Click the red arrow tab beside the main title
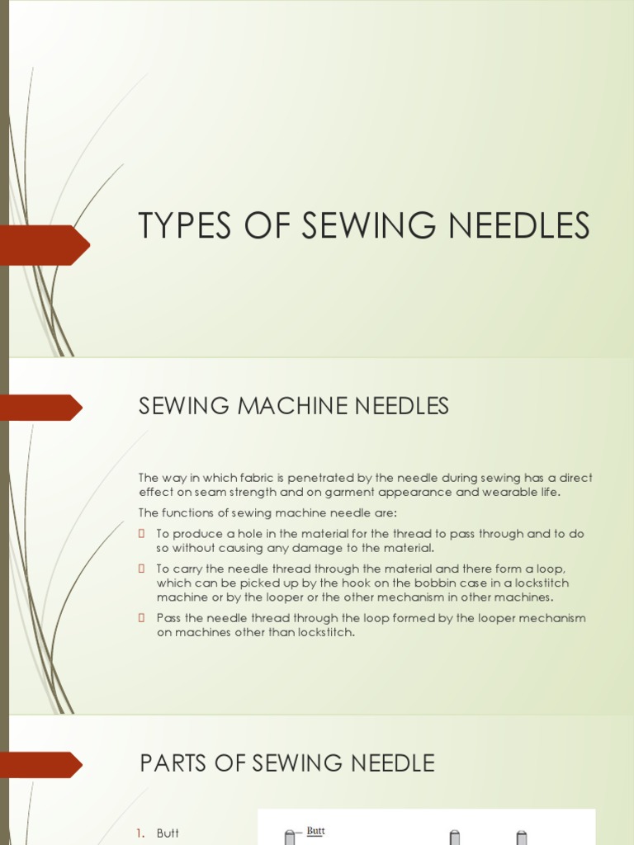[x=45, y=245]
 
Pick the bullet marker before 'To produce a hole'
[x=142, y=534]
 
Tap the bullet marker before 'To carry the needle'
[x=142, y=569]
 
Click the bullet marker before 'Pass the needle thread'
[x=142, y=618]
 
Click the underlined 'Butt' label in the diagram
[x=315, y=831]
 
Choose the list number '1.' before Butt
[x=141, y=833]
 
